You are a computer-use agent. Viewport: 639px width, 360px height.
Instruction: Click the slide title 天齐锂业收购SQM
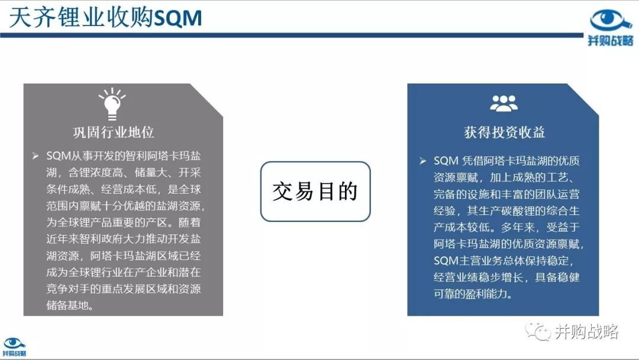point(105,18)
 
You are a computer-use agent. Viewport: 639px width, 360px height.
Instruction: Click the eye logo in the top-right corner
point(610,20)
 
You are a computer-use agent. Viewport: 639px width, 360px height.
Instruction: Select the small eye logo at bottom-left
point(14,343)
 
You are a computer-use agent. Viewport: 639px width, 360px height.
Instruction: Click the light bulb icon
point(112,104)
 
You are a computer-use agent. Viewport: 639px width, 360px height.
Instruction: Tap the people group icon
point(504,103)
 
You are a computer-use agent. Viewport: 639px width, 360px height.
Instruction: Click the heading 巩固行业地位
point(114,132)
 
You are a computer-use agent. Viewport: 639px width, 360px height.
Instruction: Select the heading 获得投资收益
point(504,132)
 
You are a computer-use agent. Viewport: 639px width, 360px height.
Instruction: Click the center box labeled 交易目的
point(315,191)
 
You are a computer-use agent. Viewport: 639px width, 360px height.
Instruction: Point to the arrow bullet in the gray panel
point(35,156)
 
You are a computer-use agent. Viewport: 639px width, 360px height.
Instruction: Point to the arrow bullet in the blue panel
point(422,161)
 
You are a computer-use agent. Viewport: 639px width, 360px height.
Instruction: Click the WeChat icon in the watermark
point(538,330)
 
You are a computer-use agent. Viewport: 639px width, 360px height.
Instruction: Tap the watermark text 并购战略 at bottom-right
point(586,332)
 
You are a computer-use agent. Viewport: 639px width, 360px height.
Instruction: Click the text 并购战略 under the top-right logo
point(610,40)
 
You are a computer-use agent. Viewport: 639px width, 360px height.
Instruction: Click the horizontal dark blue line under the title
point(292,36)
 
